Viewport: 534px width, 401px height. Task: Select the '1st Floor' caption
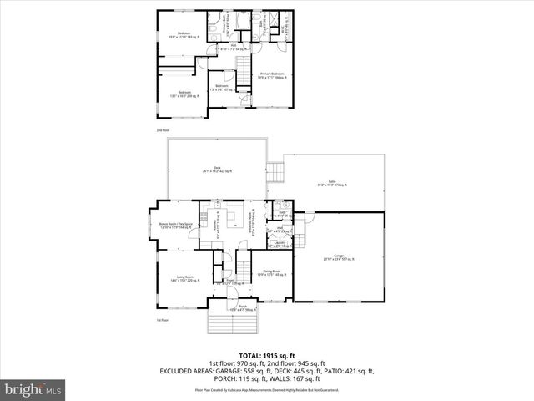162,320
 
